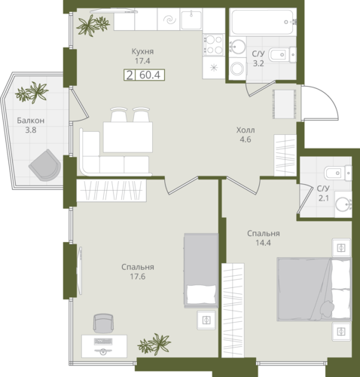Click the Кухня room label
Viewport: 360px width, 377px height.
(142, 51)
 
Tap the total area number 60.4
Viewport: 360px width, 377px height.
(150, 75)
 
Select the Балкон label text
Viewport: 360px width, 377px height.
(31, 121)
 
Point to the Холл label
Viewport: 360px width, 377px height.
(246, 130)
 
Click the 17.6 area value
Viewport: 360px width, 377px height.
(138, 277)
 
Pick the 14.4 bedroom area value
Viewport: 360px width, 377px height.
(264, 243)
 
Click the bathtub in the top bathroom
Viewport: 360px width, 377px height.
(262, 22)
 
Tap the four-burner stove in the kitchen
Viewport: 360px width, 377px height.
(213, 44)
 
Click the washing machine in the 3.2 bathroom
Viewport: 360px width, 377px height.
(237, 68)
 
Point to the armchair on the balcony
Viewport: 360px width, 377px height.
(45, 165)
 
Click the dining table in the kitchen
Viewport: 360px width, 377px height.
(128, 137)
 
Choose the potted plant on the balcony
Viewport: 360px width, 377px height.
(32, 92)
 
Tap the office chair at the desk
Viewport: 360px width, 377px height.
(102, 323)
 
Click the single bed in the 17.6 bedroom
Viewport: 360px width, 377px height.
(201, 271)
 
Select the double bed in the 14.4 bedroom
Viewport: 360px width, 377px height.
(313, 289)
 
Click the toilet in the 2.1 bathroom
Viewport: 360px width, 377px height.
(338, 173)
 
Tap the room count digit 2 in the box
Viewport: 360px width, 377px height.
(130, 75)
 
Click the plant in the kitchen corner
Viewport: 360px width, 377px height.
(93, 25)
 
